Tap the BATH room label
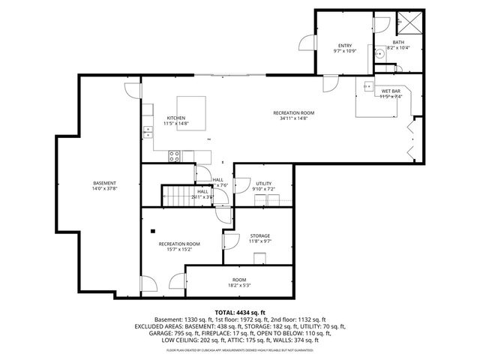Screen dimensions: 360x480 coord(398,41)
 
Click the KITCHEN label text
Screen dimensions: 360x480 coord(176,118)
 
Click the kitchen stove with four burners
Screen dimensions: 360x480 coord(174,156)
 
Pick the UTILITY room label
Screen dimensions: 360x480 coord(263,183)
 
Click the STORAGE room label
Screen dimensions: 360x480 coord(260,235)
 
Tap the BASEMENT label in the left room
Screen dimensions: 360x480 coord(105,183)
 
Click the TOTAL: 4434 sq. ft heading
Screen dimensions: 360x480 coord(240,312)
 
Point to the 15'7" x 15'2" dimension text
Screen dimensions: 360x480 coord(178,250)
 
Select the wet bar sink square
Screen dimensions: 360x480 coord(367,86)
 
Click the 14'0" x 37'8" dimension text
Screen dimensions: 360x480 coord(105,189)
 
